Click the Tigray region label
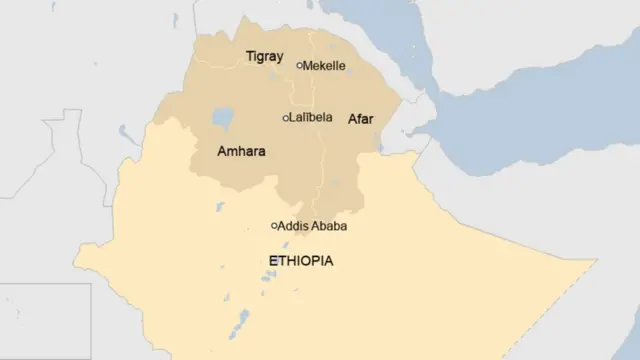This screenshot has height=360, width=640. click(x=264, y=57)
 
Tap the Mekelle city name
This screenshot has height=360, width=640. click(x=324, y=66)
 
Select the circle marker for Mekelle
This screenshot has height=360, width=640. click(x=299, y=65)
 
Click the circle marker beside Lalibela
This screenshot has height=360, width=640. click(x=286, y=118)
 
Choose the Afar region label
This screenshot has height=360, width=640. click(x=360, y=119)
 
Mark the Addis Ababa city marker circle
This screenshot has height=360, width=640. click(x=275, y=226)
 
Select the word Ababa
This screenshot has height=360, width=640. click(x=331, y=226)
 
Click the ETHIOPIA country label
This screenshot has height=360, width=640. click(x=301, y=261)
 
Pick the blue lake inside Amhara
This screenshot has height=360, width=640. click(x=222, y=119)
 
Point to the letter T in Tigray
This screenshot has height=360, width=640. click(x=249, y=57)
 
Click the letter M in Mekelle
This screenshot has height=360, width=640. click(x=308, y=66)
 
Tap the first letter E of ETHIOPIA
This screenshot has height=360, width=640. click(x=273, y=261)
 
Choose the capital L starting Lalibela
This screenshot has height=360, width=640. click(x=292, y=118)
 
